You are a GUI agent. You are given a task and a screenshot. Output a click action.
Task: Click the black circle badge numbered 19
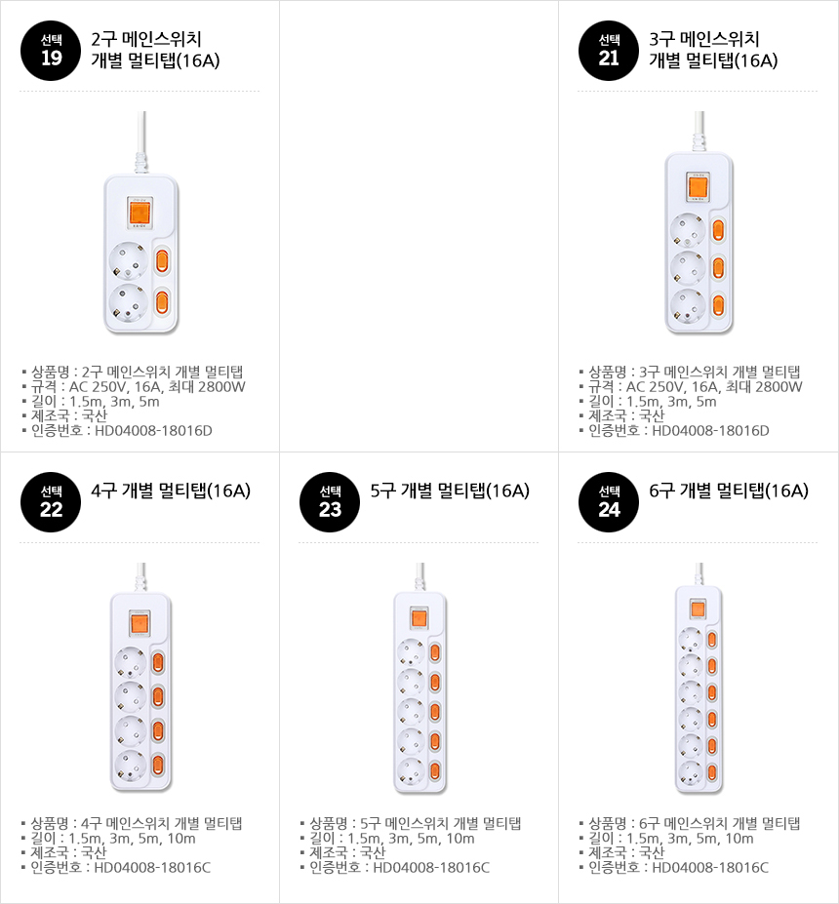[51, 51]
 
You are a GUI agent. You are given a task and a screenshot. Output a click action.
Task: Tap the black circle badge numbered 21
[609, 51]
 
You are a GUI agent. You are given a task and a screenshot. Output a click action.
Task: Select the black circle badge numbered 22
[51, 502]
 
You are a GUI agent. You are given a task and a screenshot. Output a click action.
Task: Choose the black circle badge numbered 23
[330, 502]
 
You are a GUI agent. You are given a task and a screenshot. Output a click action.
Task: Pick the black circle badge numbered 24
[609, 502]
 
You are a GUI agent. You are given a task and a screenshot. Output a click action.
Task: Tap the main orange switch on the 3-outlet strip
[698, 186]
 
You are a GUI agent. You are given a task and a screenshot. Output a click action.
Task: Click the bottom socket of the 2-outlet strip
[129, 301]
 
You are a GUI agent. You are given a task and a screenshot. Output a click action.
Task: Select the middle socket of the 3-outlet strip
[688, 268]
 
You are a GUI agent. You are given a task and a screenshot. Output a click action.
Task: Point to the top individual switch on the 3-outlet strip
[718, 230]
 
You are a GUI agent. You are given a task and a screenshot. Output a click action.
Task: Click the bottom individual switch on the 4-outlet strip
[158, 766]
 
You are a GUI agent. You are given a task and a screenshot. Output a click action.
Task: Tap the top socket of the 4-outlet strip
[131, 663]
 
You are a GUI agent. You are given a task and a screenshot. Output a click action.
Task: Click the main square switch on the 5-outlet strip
[419, 617]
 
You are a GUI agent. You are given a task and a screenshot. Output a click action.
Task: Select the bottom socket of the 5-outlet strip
[411, 771]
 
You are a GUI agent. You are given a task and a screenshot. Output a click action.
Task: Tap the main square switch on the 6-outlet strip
[698, 609]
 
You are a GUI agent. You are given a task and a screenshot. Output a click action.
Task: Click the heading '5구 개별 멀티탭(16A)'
[450, 491]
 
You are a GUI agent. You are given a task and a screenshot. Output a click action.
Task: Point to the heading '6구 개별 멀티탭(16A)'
[729, 491]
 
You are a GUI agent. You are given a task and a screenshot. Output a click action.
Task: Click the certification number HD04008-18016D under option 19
[153, 431]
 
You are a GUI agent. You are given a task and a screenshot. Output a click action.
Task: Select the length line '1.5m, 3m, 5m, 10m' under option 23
[411, 839]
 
